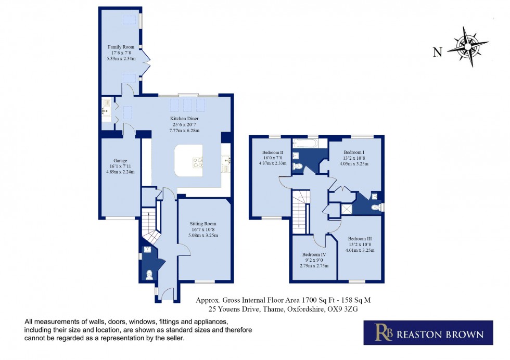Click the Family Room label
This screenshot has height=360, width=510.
point(121,47)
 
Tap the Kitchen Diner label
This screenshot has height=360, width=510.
point(184,119)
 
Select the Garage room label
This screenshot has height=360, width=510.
point(120,161)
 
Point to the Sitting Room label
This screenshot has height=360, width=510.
point(203,224)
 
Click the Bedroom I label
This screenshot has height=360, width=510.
point(354,152)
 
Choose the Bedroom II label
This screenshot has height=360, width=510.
point(273,152)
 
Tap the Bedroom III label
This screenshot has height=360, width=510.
point(360,239)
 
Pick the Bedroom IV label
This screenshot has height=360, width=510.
point(314,254)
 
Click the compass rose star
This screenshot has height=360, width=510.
point(468,47)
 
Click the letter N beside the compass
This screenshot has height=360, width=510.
point(438,52)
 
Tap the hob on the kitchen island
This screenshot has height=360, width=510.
point(198,162)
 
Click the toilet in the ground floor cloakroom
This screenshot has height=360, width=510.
point(149,275)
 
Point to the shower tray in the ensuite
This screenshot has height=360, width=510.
point(346,209)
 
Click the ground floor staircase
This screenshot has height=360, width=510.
point(149,226)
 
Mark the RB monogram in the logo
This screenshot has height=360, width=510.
point(384,332)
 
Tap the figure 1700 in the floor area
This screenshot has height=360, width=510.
point(309,300)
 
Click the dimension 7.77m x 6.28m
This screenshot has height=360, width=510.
point(184,131)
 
